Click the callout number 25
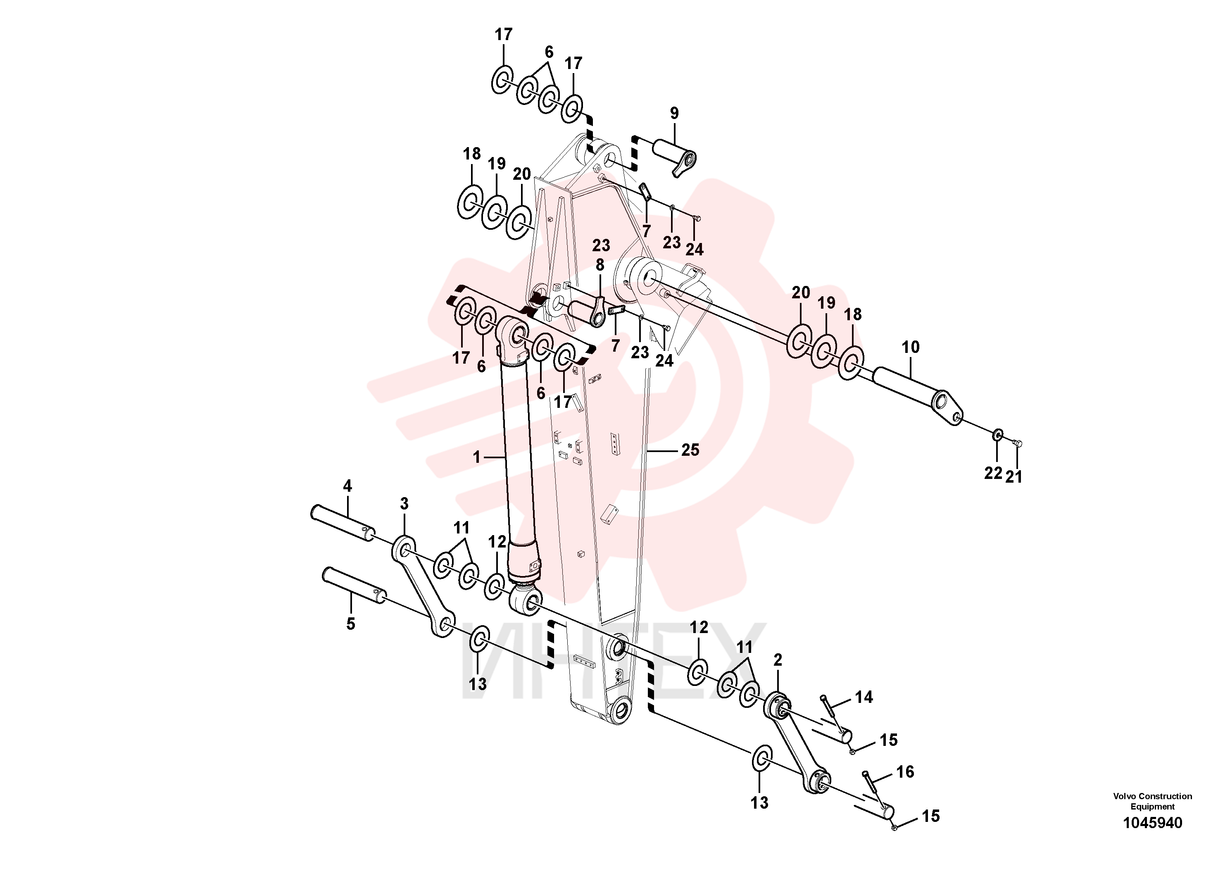(690, 450)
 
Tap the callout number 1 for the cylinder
(476, 457)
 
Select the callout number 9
(674, 113)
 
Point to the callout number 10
(910, 347)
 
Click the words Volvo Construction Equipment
(1152, 802)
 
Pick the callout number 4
(347, 486)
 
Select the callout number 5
(350, 624)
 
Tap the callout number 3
(404, 504)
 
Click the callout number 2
(778, 660)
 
